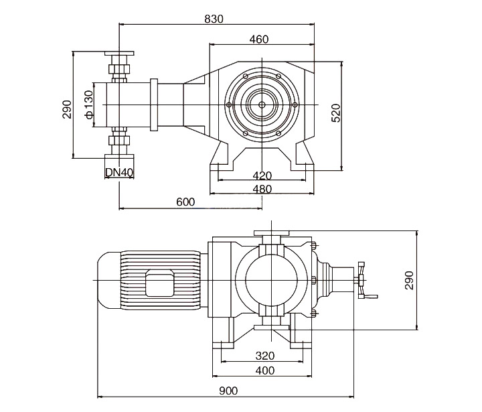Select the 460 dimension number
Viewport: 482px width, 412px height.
pos(259,40)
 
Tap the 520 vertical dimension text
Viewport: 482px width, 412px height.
pos(336,113)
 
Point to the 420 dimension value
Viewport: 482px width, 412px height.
pos(262,176)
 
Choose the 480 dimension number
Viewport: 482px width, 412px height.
pos(262,189)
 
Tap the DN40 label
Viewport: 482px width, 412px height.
pos(120,172)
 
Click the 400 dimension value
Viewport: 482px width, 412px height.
pos(264,370)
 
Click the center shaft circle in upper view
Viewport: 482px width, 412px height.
pos(262,104)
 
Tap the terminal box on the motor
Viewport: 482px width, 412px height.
pos(160,284)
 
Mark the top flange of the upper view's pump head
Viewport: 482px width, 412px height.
pos(119,54)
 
